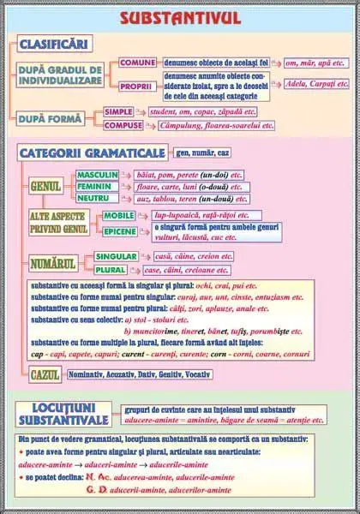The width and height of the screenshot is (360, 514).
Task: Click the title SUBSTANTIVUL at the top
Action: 180,18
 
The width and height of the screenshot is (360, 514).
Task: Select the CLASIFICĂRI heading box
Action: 55,42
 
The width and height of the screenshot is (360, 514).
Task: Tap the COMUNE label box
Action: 137,63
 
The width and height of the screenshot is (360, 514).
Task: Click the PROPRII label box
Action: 135,86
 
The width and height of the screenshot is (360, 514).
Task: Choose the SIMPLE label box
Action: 119,111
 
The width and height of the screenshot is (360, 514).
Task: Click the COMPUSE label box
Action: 123,125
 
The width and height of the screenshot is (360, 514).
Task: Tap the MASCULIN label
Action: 96,175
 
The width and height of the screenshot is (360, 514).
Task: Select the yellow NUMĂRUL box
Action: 53,262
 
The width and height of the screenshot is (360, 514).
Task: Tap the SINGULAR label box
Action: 116,257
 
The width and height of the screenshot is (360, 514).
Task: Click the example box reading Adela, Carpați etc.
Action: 316,84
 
